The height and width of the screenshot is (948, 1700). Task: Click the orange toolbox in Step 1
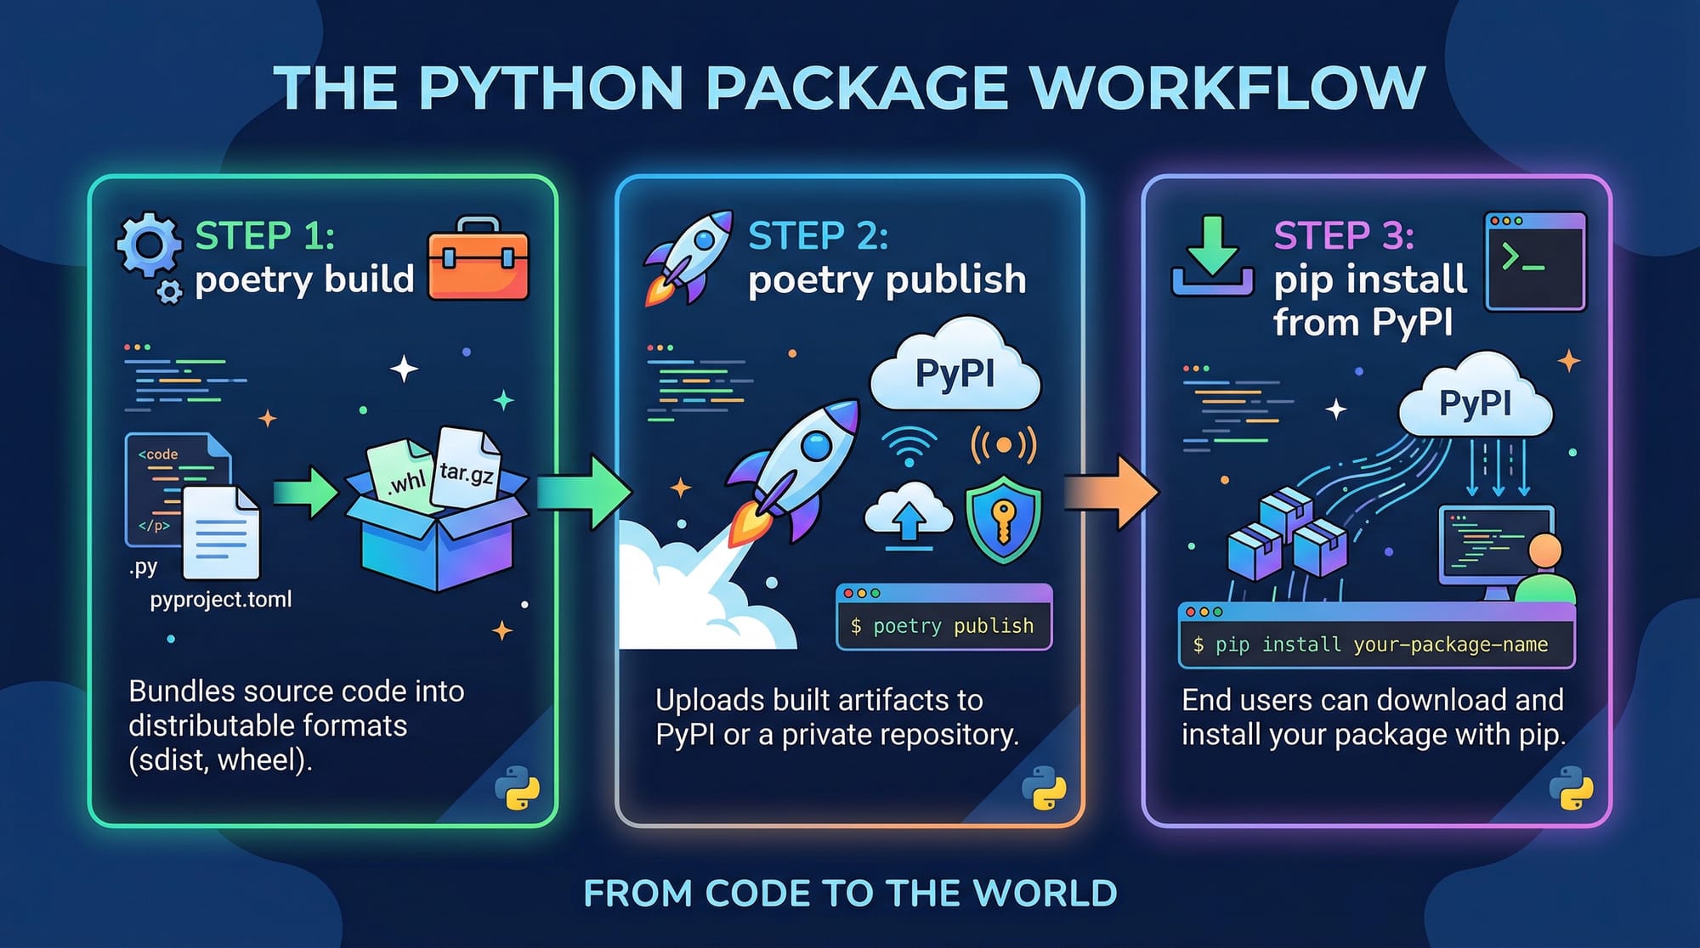pos(479,259)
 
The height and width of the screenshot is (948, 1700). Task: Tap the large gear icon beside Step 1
pos(149,245)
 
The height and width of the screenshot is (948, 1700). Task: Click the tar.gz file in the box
pos(466,467)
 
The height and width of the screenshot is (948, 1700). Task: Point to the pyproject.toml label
pos(221,600)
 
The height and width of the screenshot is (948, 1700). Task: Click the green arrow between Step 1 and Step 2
pos(585,492)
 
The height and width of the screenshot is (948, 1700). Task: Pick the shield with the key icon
pos(1003,519)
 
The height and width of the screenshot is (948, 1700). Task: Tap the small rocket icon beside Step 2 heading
pos(689,256)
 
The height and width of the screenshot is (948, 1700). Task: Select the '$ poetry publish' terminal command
pos(943,626)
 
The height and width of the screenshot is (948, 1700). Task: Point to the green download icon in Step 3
pos(1212,256)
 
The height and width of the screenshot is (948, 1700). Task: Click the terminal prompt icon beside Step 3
pos(1535,262)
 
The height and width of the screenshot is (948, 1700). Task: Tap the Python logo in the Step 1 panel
pos(518,787)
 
